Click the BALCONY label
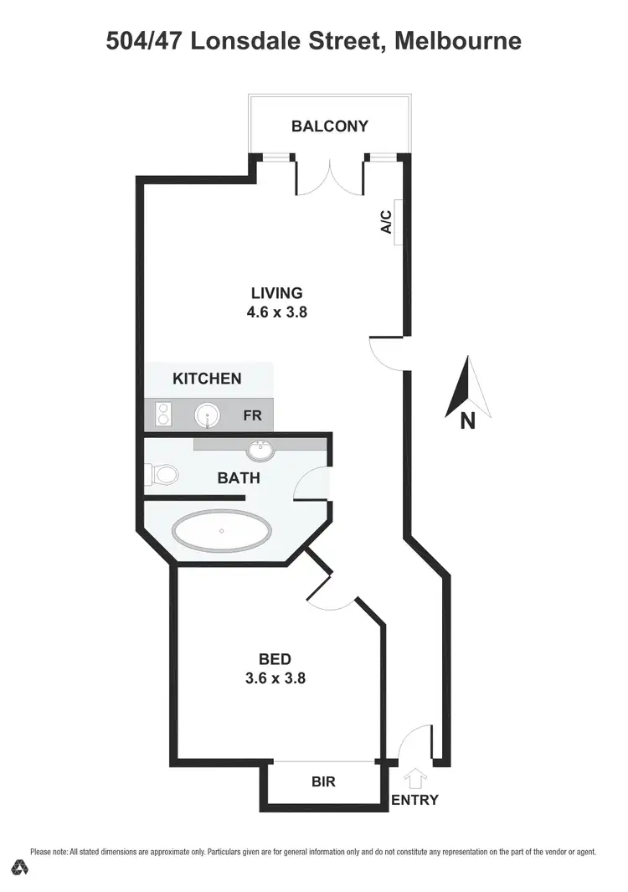(330, 126)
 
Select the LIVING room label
(276, 293)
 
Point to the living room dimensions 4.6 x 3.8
(276, 312)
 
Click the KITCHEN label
(207, 379)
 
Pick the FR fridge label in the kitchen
(252, 415)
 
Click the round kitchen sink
(208, 414)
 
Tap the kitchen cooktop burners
(163, 414)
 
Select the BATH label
(239, 478)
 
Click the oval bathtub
(222, 530)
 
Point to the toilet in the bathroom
(165, 476)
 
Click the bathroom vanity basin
(260, 450)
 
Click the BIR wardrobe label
(323, 782)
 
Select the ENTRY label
(414, 800)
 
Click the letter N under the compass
(467, 421)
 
